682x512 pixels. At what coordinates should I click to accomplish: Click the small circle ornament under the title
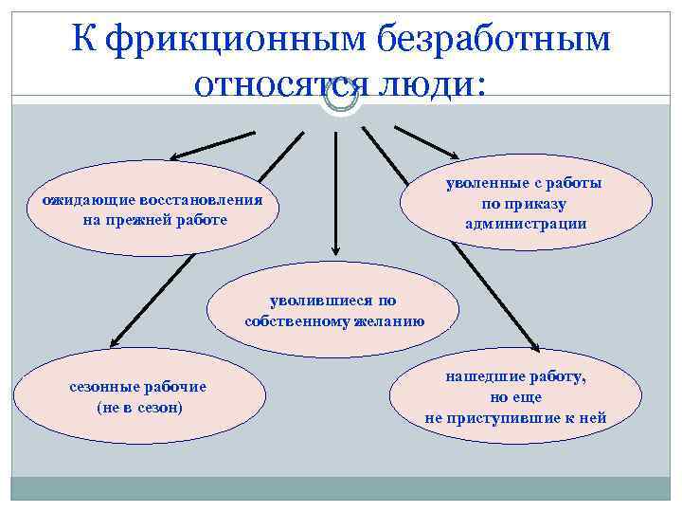(340, 96)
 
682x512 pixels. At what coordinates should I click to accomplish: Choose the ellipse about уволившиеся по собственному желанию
(333, 312)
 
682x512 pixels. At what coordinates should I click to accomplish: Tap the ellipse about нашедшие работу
(516, 397)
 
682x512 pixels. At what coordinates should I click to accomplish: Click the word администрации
(526, 224)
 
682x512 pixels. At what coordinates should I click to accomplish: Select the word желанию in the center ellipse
(387, 321)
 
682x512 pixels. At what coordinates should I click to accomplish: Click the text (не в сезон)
(139, 407)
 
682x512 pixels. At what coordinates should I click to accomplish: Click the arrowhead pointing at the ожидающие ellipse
(177, 155)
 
